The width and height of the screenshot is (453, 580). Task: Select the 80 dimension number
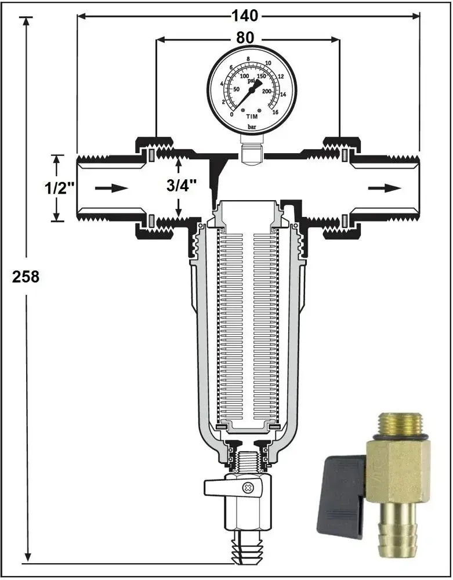tap(245, 38)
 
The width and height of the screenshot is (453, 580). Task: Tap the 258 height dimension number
tap(26, 277)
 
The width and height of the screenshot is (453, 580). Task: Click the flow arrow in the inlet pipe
tap(111, 188)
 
